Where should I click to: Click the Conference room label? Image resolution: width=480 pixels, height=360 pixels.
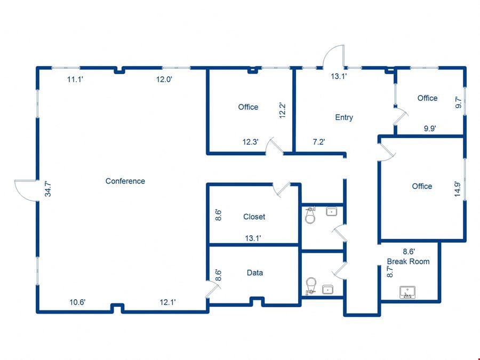tap(125, 181)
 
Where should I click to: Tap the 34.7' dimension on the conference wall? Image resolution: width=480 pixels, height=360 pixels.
tap(48, 189)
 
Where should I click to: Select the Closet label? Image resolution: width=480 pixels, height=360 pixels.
tap(254, 217)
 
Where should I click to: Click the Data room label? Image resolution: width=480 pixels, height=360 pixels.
tap(255, 273)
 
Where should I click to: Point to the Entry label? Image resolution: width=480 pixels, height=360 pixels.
tap(344, 117)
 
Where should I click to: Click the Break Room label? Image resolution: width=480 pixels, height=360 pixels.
tap(408, 261)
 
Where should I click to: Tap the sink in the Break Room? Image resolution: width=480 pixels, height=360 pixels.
tap(407, 292)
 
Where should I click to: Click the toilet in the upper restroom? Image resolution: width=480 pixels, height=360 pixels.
tap(310, 215)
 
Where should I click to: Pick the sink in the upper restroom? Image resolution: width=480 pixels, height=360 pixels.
tap(332, 212)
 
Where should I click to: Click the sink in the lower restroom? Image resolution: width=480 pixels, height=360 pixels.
tap(328, 289)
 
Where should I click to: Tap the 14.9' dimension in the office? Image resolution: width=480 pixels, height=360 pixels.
tap(457, 189)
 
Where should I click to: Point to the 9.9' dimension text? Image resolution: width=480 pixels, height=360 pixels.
tap(430, 129)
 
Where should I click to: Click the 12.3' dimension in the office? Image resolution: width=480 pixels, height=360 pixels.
tap(251, 142)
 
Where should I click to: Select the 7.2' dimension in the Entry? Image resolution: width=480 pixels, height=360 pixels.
tap(319, 142)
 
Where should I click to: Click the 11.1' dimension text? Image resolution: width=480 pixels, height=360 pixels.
tap(75, 79)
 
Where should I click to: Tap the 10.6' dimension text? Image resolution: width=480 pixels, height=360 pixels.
tap(77, 302)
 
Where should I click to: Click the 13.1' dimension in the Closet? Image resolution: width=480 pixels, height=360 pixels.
tap(253, 238)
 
